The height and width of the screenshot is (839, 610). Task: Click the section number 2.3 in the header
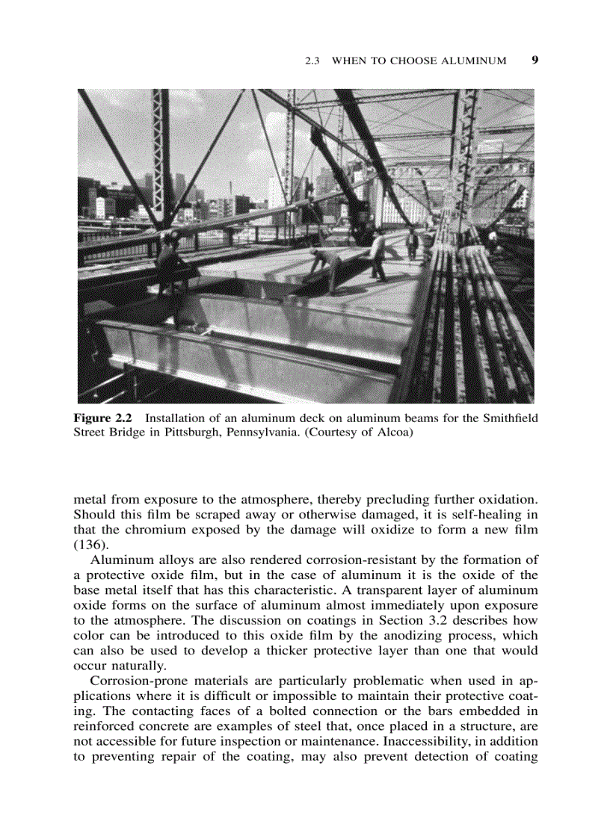coord(314,61)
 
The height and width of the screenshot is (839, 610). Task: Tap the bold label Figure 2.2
coord(102,418)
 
